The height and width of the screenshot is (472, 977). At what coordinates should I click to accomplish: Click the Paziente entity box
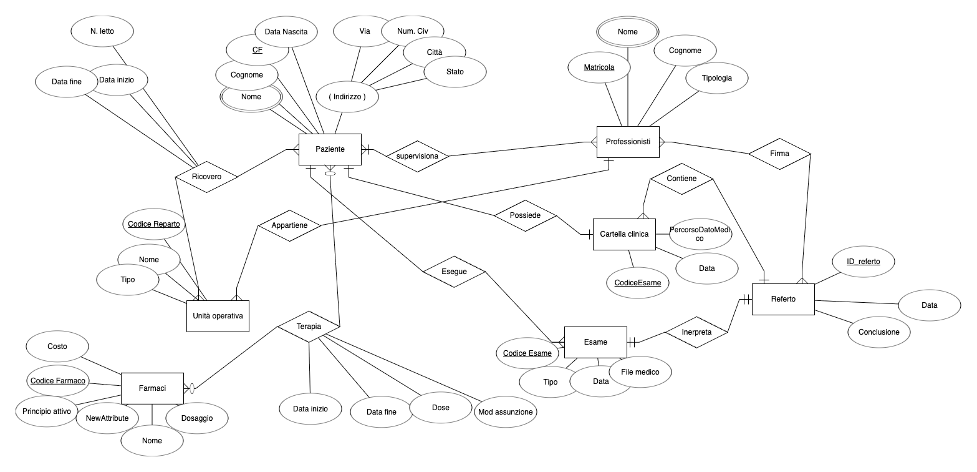coord(330,149)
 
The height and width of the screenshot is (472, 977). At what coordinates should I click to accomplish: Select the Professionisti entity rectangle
coord(628,142)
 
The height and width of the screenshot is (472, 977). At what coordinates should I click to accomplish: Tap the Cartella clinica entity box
coord(624,234)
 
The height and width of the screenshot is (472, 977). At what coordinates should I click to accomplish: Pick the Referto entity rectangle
coord(783,299)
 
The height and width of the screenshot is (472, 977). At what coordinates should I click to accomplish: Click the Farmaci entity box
coord(152,388)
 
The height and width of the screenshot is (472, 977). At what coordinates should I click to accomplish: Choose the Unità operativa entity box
coord(218,316)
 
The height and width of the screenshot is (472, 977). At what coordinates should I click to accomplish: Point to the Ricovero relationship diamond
coord(207,177)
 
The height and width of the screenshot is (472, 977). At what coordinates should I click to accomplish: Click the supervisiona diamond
coord(417,155)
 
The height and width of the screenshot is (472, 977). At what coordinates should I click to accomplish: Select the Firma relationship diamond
coord(779,154)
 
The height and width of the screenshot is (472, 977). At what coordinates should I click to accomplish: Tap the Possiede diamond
coord(525,215)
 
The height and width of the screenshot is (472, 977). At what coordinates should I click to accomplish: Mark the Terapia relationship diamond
coord(309,327)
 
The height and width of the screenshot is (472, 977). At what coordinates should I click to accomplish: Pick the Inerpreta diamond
coord(696,332)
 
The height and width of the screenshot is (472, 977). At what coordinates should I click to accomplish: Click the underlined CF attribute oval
coord(257,50)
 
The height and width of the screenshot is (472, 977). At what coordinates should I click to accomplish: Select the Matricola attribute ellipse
coord(599,67)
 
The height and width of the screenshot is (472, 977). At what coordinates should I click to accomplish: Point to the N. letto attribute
coord(102,31)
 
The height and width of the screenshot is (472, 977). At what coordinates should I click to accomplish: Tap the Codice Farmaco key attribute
coord(57,380)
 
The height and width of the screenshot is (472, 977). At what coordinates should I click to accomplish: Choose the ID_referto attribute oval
coord(864,262)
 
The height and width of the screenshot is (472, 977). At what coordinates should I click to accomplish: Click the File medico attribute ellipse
coord(640,372)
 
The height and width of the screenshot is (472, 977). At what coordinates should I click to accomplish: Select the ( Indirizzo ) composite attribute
coord(347,97)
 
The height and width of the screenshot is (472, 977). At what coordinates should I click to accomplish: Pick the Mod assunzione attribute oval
coord(505,412)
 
